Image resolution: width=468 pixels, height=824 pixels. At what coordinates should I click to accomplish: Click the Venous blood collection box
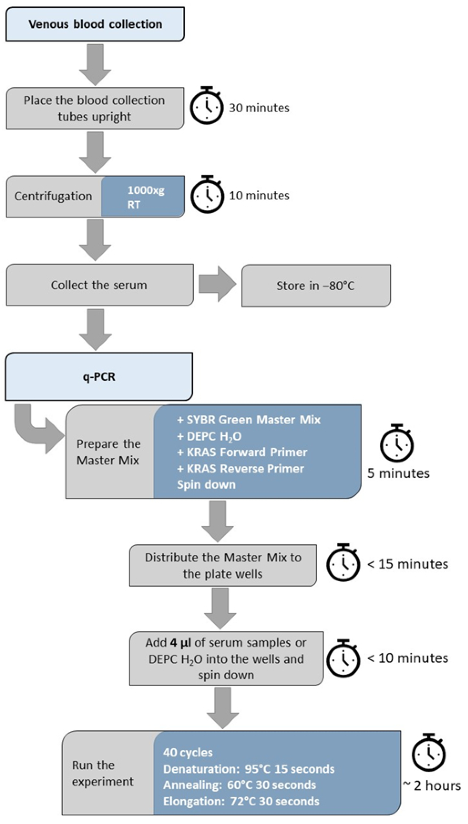95,24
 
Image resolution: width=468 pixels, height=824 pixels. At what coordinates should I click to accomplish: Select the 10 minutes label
259,195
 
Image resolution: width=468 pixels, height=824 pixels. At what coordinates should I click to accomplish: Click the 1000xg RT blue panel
143,196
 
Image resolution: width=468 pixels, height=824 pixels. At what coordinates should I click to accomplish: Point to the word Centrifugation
53,196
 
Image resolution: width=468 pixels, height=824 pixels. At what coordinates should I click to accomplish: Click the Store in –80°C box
316,286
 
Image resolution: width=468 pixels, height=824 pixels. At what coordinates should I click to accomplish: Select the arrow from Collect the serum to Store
217,284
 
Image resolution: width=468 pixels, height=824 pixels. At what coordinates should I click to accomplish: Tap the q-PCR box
99,376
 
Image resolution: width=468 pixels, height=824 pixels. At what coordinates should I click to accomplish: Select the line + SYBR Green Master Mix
249,420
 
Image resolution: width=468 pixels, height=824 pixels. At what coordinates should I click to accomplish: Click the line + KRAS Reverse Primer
240,469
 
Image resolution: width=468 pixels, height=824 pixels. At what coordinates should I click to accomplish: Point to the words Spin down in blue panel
206,485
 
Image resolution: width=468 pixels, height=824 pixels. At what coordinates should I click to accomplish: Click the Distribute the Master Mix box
223,565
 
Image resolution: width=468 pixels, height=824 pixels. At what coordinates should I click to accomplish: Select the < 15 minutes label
407,564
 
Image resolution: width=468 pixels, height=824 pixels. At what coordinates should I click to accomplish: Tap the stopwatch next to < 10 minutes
343,658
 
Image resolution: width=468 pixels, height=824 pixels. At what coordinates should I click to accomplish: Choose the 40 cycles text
188,753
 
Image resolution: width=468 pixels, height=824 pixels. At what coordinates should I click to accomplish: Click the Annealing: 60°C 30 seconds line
240,785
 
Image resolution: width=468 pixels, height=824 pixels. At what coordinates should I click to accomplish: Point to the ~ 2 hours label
432,786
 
